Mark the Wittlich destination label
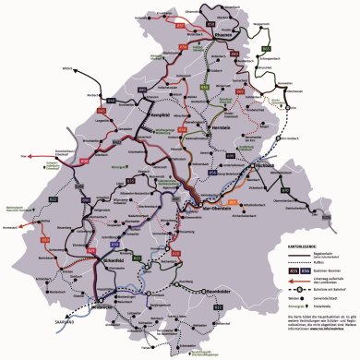[x=66, y=68]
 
